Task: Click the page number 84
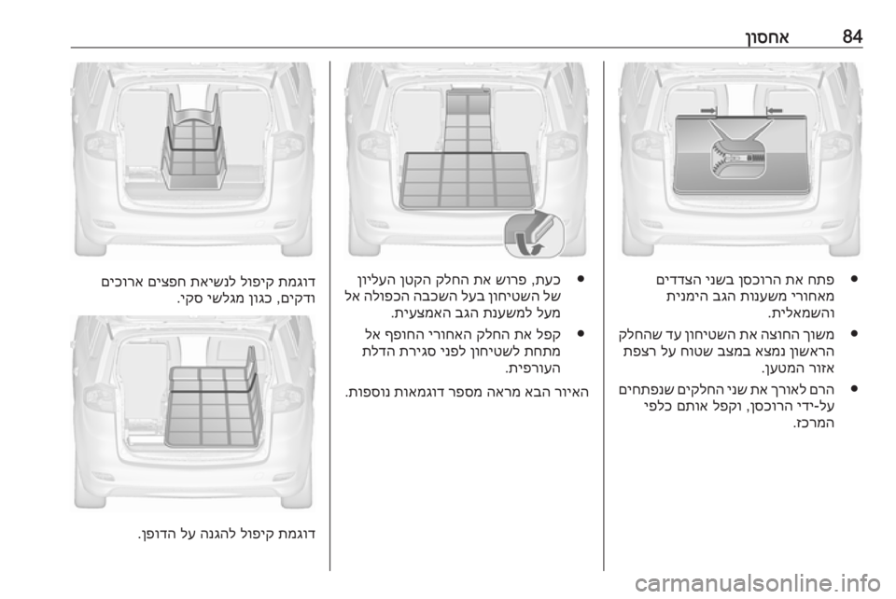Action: coord(852,36)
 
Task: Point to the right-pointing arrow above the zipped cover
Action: coord(708,110)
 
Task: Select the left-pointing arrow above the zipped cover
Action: coord(775,110)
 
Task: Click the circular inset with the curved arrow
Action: coord(534,234)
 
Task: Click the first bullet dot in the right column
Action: coord(854,279)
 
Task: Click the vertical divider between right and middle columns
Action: coord(604,315)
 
